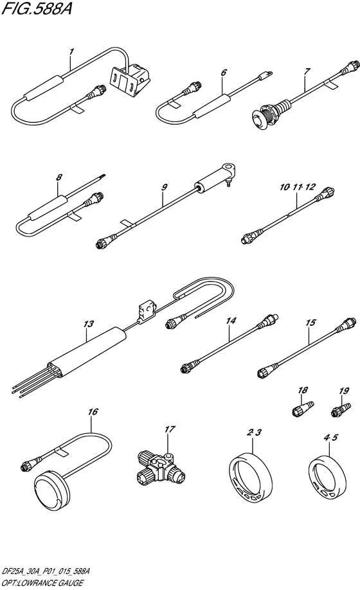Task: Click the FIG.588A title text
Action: [x=37, y=8]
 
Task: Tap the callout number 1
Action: [x=71, y=51]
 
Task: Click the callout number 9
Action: [x=164, y=187]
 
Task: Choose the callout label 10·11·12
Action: [x=297, y=187]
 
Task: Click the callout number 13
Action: [x=89, y=323]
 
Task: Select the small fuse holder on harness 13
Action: [x=146, y=311]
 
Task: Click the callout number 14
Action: [x=231, y=320]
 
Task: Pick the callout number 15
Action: [x=310, y=323]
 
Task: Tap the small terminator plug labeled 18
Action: [x=303, y=409]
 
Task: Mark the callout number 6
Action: [x=224, y=71]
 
